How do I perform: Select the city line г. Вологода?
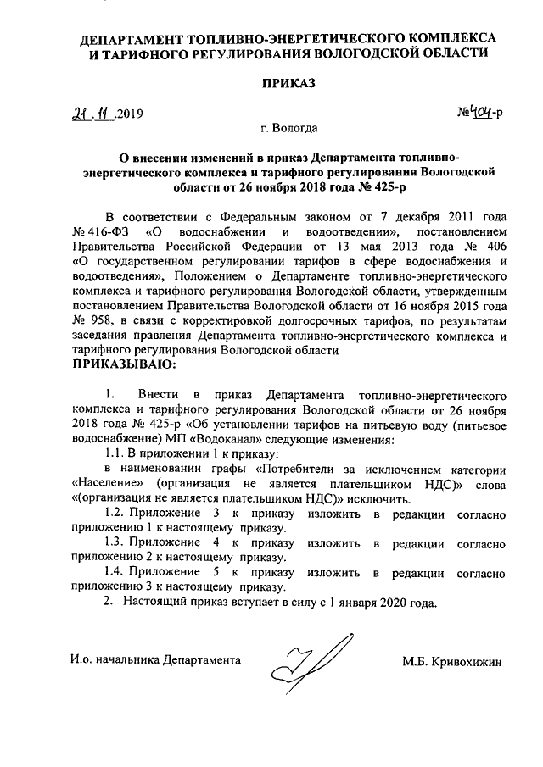289,129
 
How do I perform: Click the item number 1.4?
115,572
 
